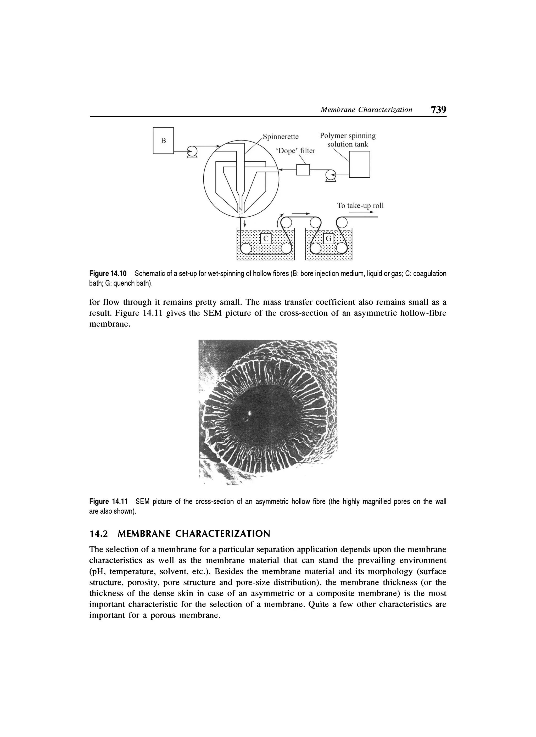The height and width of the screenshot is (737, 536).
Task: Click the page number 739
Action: [x=438, y=110]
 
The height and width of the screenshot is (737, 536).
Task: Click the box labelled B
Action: [x=164, y=140]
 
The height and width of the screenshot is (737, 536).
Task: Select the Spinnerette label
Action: [x=281, y=137]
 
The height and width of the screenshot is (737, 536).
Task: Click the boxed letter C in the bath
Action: [x=266, y=239]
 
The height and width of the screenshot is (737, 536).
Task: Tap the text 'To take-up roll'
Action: [x=360, y=205]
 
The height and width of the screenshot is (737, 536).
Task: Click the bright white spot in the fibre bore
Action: [x=250, y=413]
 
